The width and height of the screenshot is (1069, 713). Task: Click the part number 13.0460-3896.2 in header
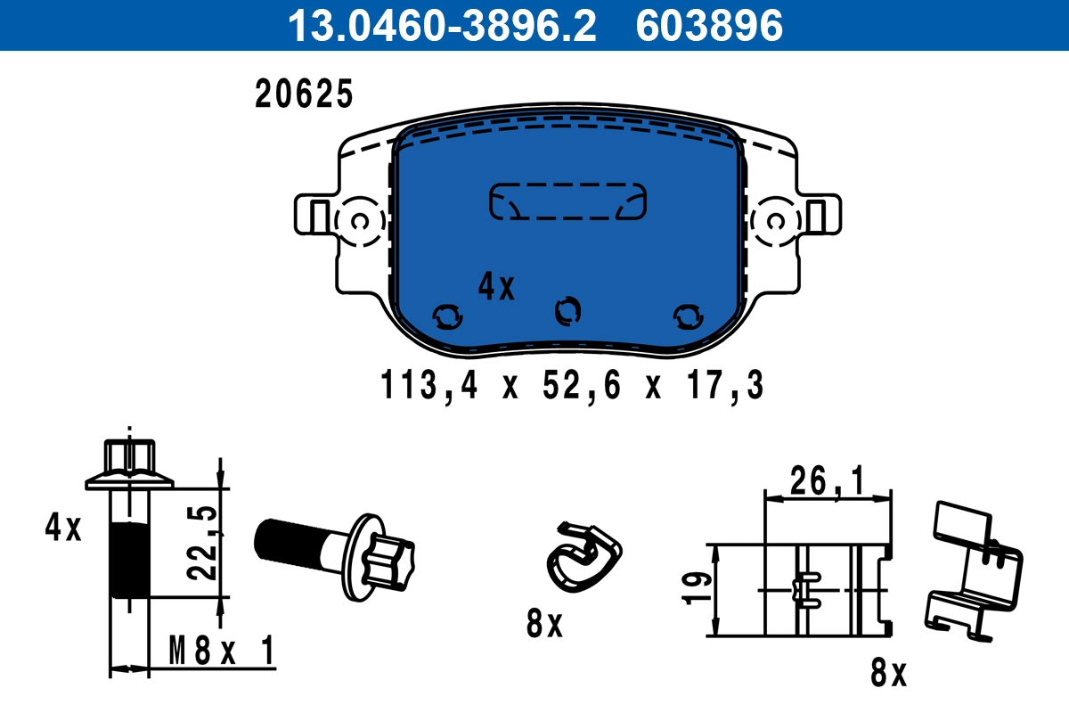tap(440, 26)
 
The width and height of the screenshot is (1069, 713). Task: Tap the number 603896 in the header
tap(709, 26)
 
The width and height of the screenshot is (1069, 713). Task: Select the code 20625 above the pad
tap(305, 94)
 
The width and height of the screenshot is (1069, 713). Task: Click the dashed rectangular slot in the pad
tap(567, 201)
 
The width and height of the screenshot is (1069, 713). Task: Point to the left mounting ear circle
tap(360, 220)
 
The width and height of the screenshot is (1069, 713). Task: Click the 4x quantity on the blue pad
tap(496, 286)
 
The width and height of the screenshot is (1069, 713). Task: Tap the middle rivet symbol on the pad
tap(567, 310)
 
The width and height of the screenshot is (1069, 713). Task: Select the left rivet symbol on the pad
tap(447, 316)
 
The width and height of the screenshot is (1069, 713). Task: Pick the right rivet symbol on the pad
tap(687, 316)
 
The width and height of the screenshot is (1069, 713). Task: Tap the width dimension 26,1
tap(827, 482)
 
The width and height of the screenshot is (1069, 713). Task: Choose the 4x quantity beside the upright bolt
tap(63, 529)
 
